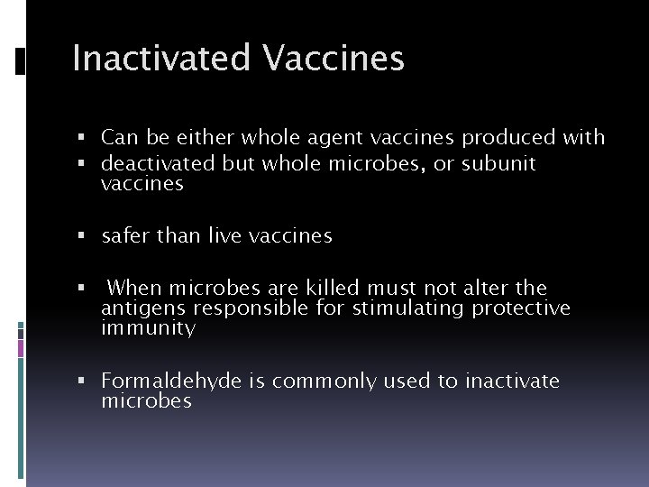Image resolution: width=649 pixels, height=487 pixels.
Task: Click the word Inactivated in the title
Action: pyautogui.click(x=162, y=59)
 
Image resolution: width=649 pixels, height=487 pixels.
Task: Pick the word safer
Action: pyautogui.click(x=125, y=236)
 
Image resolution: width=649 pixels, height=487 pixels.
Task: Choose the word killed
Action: pyautogui.click(x=332, y=289)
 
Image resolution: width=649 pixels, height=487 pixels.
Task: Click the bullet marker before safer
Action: pyautogui.click(x=81, y=237)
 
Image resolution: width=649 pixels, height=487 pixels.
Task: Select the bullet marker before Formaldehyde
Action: pyautogui.click(x=81, y=382)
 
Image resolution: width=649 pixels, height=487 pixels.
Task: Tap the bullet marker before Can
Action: pyautogui.click(x=81, y=139)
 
